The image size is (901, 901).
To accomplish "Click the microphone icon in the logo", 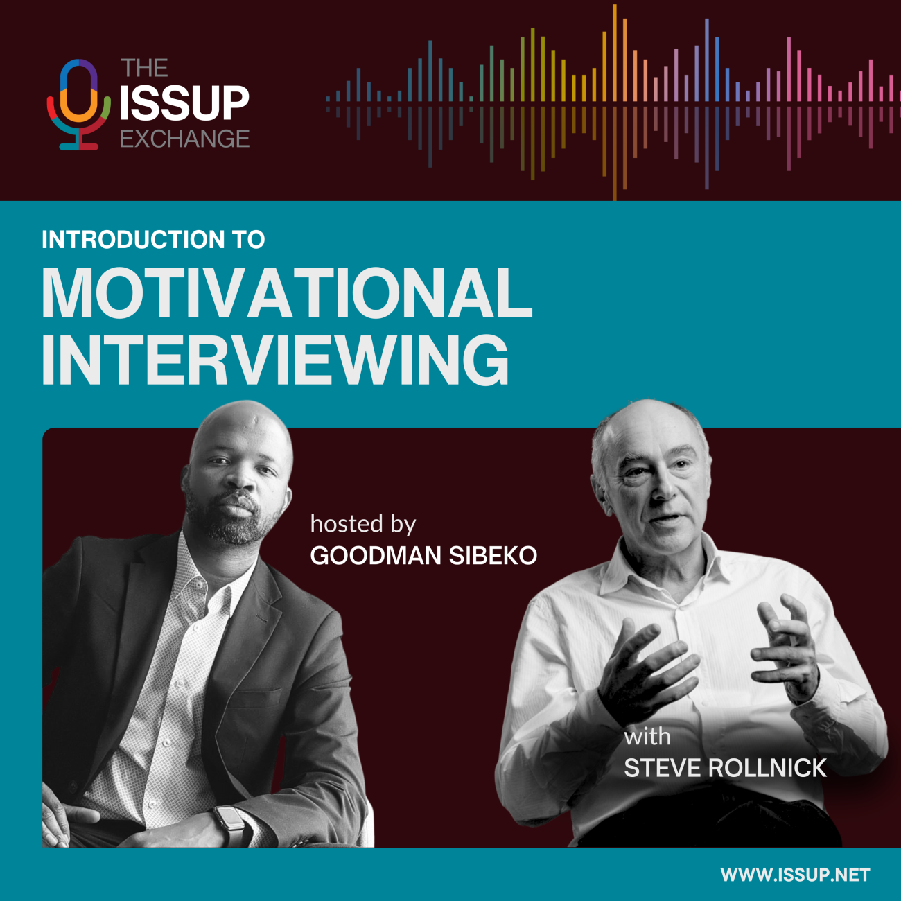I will point(78,104).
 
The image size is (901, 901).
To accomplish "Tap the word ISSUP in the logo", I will point(184,103).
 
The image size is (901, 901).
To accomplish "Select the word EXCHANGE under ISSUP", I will point(184,139).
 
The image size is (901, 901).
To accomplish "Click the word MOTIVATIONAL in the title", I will point(287,293).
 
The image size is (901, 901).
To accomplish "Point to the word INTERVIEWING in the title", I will point(275,360).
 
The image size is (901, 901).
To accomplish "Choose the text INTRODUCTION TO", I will point(153,240).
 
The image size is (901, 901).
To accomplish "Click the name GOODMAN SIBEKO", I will point(423,556).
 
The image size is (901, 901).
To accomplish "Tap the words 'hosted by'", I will point(362,524).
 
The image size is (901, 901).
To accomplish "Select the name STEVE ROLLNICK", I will point(725,768).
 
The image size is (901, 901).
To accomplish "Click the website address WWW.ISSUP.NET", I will point(795,875).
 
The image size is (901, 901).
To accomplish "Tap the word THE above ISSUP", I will point(144,68).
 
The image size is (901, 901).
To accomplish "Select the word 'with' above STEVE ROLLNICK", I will point(647,736).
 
